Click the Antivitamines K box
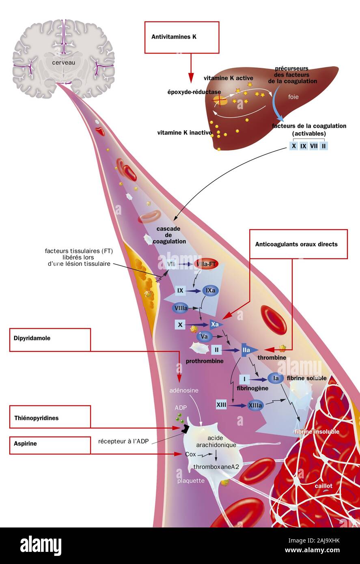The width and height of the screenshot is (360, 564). point(181,37)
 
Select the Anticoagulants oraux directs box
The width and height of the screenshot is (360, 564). point(298,244)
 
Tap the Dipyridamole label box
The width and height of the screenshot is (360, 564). point(50,339)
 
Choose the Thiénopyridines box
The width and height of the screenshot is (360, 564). point(50,418)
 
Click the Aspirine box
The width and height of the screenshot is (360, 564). point(50,445)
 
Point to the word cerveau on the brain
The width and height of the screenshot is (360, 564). point(63,62)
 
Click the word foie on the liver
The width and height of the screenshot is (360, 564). point(293,97)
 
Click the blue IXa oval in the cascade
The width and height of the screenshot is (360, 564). point(210,291)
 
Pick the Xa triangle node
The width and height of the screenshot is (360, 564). point(215,324)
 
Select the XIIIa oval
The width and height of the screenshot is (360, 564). point(256,405)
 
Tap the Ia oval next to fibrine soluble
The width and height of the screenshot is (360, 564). point(276,379)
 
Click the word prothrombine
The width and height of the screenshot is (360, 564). point(205,361)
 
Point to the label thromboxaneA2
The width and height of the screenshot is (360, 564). point(216,467)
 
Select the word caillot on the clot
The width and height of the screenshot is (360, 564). point(323,486)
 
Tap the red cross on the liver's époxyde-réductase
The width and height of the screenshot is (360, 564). point(221,99)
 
